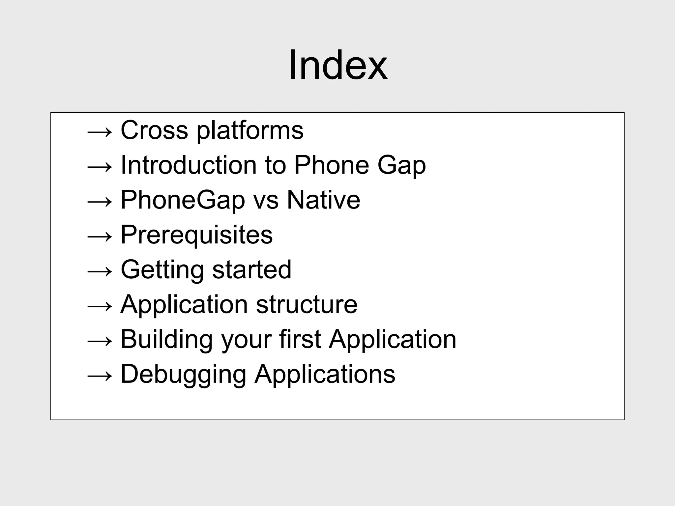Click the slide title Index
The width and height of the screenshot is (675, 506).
(x=338, y=65)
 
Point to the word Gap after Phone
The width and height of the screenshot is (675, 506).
(x=401, y=166)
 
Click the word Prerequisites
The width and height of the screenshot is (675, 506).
(x=197, y=235)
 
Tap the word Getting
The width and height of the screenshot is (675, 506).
(x=162, y=270)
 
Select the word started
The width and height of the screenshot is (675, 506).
(x=252, y=269)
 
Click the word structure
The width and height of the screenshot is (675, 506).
(x=307, y=304)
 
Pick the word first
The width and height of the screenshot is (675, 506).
(x=300, y=339)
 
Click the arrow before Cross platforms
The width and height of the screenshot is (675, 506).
(x=100, y=132)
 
